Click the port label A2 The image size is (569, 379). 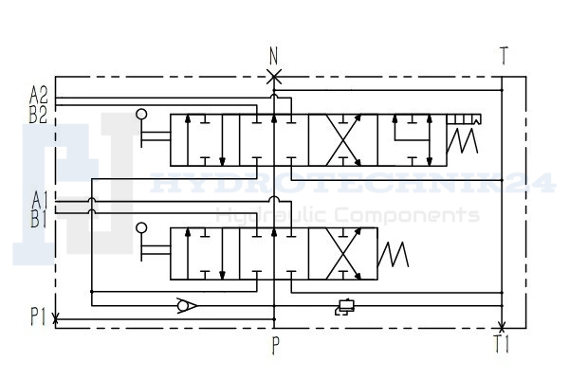[39, 96]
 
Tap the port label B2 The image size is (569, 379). [39, 116]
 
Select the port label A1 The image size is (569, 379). [40, 201]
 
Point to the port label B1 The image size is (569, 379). [39, 219]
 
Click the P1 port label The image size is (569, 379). [39, 316]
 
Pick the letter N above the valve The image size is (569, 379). [274, 56]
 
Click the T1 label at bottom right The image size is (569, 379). [502, 344]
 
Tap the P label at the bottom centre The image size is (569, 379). [276, 345]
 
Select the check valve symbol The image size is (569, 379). [187, 305]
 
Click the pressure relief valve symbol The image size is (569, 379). [345, 307]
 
